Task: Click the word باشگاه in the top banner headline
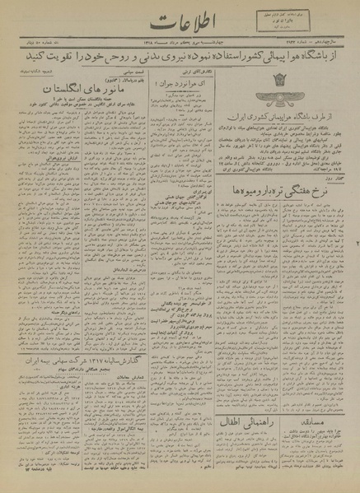pos(326,62)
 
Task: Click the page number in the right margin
pos(355,247)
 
